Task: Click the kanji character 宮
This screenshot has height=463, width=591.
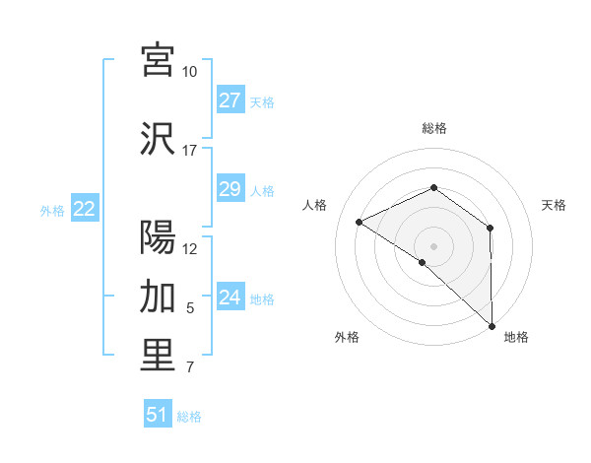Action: point(158,61)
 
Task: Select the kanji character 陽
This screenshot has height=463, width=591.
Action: point(158,237)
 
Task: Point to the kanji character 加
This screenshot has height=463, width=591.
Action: point(158,297)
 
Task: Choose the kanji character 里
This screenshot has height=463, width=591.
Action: point(158,356)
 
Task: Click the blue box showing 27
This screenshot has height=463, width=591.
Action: point(230,100)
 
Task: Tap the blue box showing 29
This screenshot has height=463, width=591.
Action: point(230,189)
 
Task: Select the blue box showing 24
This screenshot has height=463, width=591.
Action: point(230,298)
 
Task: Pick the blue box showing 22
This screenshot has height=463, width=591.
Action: point(85,209)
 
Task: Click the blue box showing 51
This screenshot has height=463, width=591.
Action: point(158,415)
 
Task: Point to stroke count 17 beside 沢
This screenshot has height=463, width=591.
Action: point(189,151)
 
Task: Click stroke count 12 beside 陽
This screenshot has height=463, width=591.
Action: point(189,248)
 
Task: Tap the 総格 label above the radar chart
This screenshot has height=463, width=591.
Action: point(433,128)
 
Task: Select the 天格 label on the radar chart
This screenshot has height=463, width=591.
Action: point(554,205)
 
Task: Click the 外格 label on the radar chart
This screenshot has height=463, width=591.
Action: point(347,338)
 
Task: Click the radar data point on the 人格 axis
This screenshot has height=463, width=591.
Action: point(360,222)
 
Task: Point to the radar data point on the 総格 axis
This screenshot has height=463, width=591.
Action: point(433,188)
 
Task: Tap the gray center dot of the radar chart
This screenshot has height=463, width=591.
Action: point(433,245)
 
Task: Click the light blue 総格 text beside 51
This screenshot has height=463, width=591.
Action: point(189,417)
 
